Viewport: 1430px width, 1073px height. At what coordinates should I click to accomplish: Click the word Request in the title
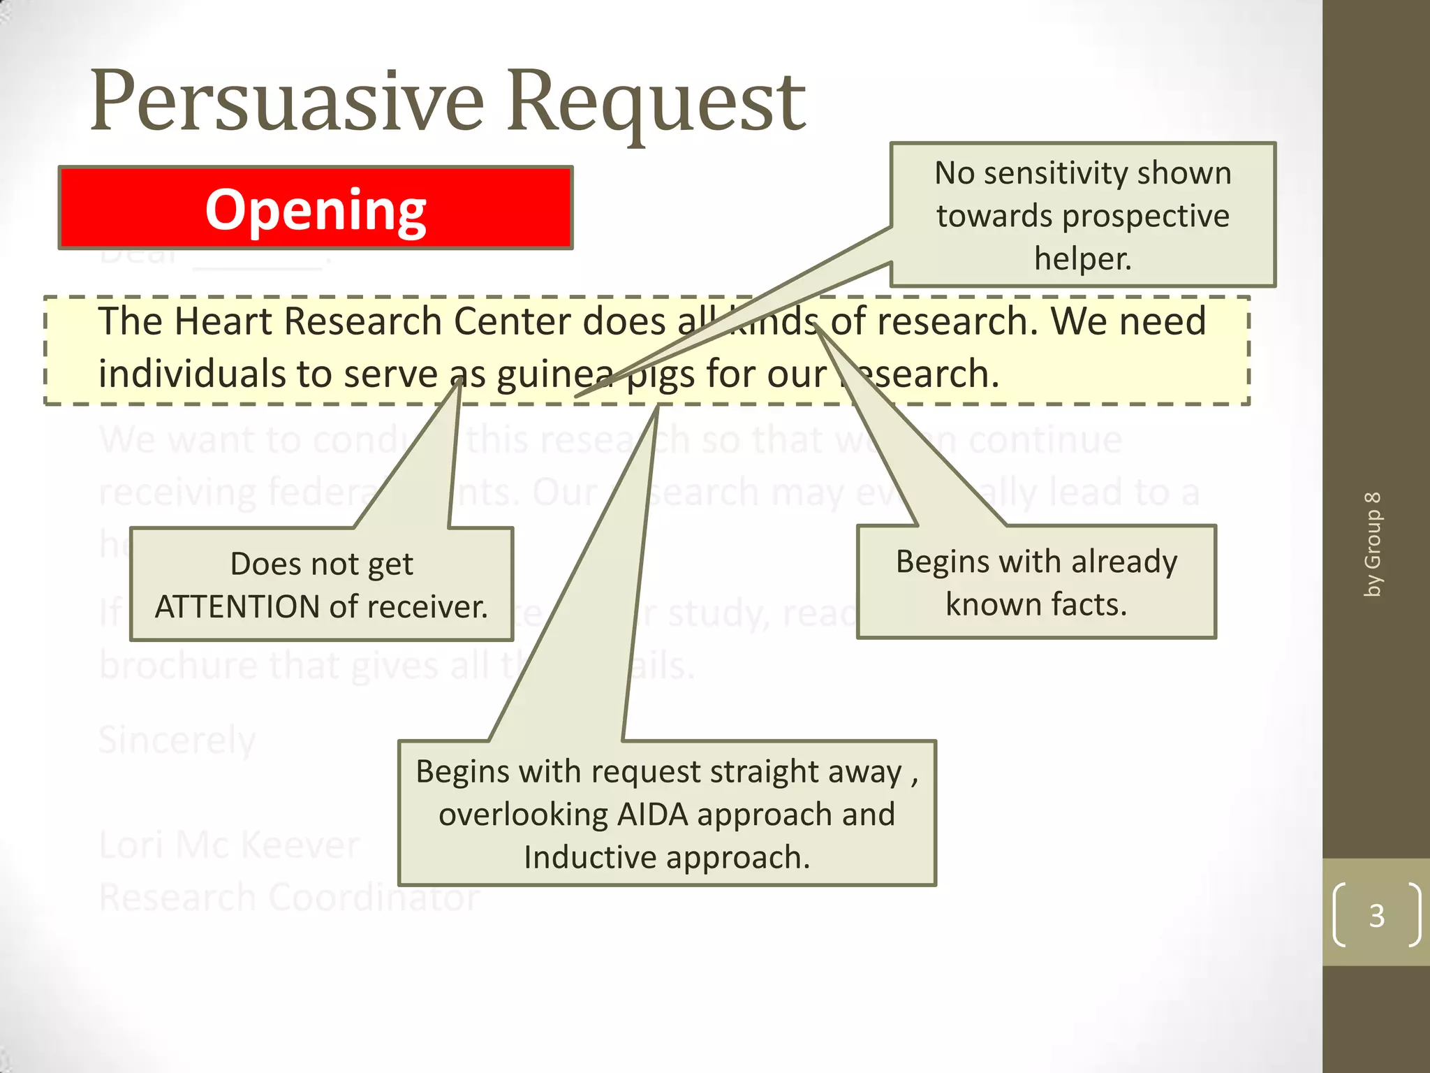pos(656,101)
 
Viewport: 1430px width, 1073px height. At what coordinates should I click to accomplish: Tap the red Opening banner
pos(316,208)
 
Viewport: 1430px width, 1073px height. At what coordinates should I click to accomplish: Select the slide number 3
pos(1376,915)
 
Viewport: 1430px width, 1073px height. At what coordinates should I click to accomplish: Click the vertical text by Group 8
pos(1373,545)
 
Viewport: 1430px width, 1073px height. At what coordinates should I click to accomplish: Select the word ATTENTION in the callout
pos(237,607)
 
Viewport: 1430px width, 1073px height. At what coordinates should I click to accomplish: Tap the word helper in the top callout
pos(1082,258)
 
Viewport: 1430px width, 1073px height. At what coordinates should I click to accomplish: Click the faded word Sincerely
pos(177,740)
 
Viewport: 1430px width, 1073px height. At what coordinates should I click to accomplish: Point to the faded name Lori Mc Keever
pos(229,845)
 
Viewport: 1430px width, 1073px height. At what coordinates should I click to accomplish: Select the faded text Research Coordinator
pos(289,898)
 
